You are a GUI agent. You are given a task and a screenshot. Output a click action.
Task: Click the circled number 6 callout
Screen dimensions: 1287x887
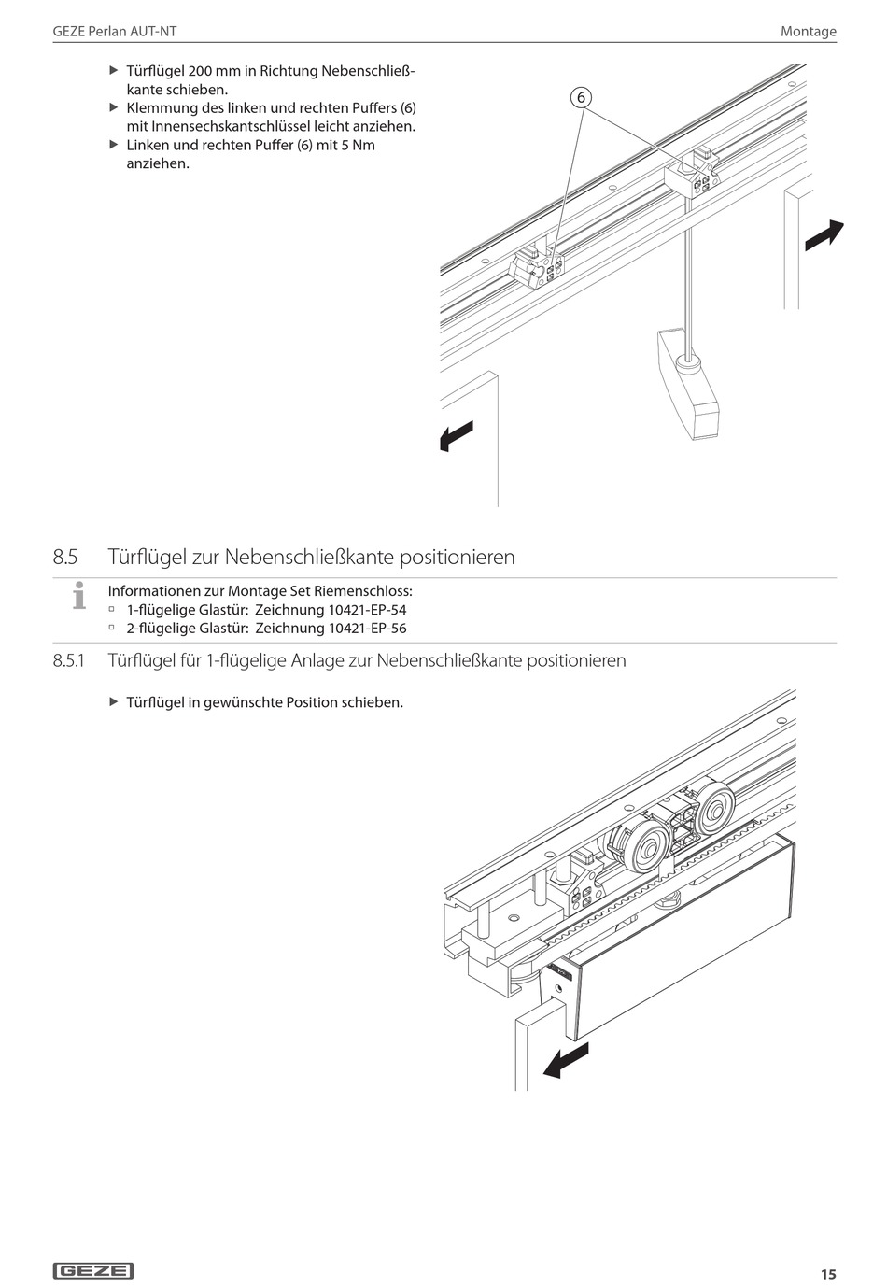[x=580, y=97]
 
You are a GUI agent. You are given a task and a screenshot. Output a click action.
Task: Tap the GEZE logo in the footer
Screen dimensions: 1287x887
[x=93, y=1270]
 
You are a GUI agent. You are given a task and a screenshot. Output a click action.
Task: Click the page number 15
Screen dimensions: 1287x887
[x=828, y=1274]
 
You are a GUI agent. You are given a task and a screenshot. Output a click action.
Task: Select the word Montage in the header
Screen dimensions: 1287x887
[x=809, y=31]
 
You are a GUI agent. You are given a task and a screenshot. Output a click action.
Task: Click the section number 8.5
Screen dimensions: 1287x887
[x=65, y=558]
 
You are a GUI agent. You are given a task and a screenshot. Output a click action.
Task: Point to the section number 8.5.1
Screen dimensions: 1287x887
[x=69, y=661]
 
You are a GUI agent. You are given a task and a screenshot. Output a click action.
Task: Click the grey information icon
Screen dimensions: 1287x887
[x=79, y=595]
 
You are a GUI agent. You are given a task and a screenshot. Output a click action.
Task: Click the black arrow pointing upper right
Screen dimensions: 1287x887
[x=824, y=234]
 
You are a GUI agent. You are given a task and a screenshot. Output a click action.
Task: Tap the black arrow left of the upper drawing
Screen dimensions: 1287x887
[x=457, y=436]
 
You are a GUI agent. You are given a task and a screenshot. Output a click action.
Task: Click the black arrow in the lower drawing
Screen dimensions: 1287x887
[x=566, y=1062]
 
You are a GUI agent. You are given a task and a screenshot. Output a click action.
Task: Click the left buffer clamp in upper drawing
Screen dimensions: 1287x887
[x=538, y=269]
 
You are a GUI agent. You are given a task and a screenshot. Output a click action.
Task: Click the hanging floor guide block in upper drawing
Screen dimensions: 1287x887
[x=689, y=382]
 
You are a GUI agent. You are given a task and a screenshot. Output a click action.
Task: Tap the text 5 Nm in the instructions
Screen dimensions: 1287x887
[x=358, y=146]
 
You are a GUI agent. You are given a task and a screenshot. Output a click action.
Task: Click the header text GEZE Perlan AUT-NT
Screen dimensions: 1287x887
[x=115, y=31]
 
